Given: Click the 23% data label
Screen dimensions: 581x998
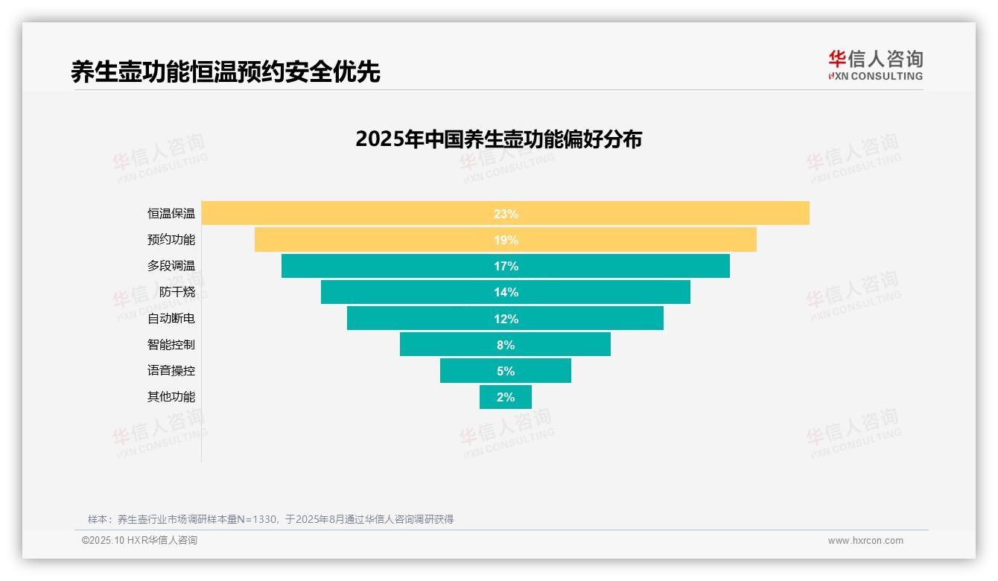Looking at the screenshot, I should (x=506, y=214).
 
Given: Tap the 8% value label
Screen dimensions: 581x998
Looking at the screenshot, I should (x=506, y=345).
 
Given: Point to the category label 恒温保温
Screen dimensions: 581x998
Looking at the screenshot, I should (x=171, y=214).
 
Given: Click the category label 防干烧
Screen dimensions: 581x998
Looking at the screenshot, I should (x=177, y=292).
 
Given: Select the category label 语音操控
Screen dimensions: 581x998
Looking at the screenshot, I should (x=171, y=371).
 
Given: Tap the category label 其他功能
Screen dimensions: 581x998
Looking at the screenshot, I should (x=171, y=397).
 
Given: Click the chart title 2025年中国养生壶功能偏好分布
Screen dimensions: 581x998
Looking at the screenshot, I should (x=498, y=139).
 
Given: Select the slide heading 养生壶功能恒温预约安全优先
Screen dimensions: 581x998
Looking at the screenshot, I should (x=225, y=72).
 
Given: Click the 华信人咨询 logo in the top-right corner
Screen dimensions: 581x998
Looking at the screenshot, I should (x=875, y=65).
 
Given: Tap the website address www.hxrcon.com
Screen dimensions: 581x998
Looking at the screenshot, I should (x=865, y=541).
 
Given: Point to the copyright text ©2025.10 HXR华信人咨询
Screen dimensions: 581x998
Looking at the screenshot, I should (x=139, y=541).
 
